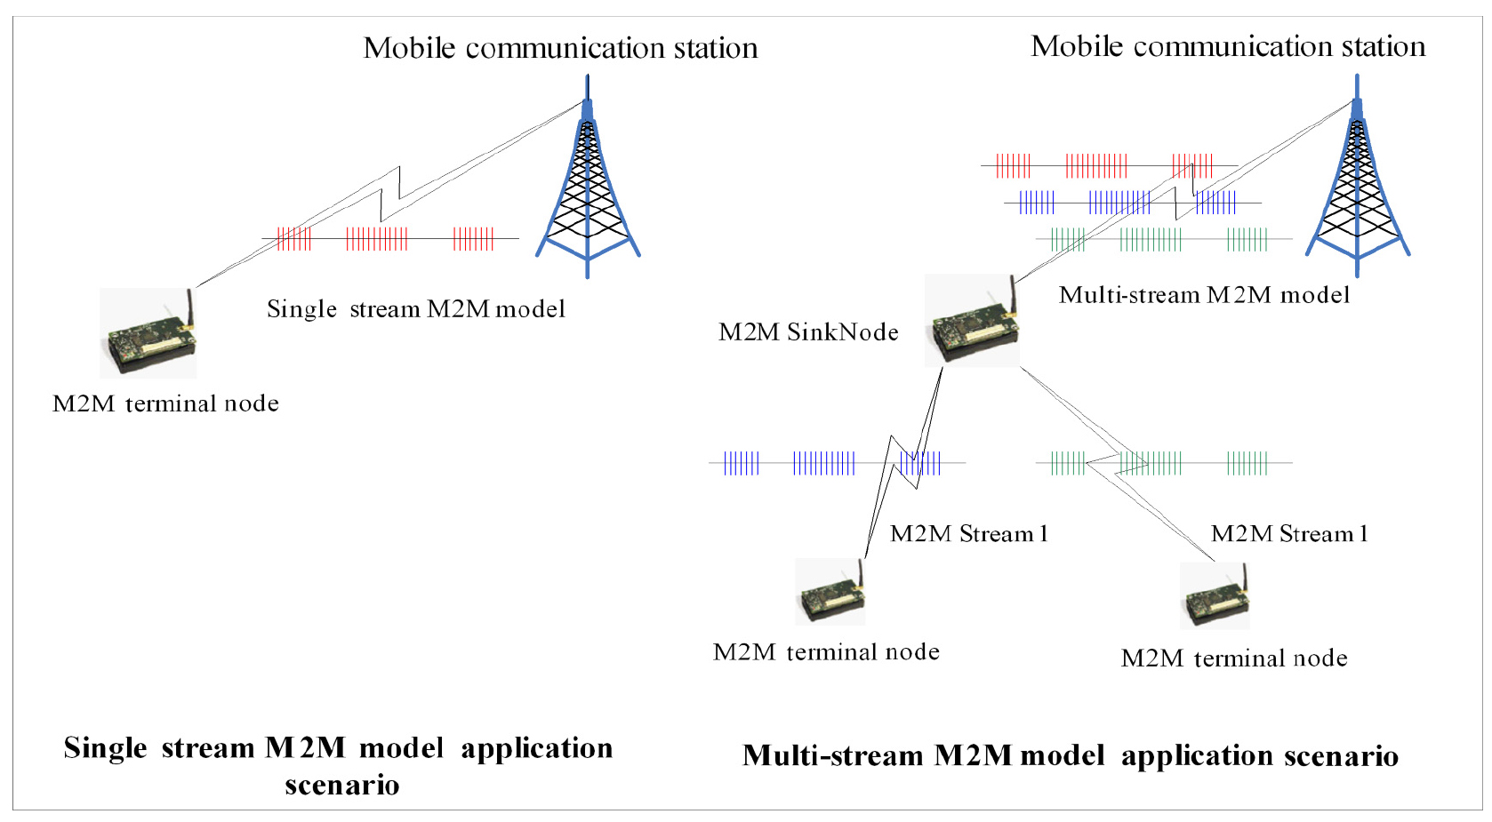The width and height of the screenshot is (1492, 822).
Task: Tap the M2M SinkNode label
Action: coord(808,332)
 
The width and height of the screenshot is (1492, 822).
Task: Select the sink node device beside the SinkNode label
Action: coord(973,323)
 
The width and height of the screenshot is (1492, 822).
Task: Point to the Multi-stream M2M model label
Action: coord(1204,295)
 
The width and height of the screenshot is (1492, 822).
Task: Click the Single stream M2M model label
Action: coord(416,309)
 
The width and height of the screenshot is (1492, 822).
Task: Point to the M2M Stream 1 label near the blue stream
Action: coord(968,534)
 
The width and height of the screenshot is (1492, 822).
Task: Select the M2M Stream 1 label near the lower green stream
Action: coord(1289,534)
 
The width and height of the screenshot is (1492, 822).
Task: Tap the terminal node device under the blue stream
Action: coord(830,593)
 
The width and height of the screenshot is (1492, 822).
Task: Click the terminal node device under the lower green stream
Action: coord(1215,596)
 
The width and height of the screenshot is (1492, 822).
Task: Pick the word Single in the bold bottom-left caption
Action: coord(105,748)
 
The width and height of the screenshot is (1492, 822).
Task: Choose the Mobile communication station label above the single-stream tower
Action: coord(560,48)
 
